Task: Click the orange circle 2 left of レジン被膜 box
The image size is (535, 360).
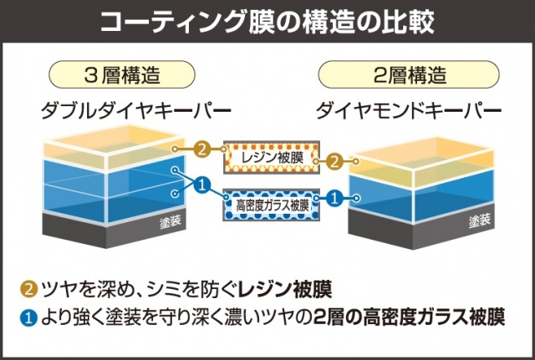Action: point(201,151)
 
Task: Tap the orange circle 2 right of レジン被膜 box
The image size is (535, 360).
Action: point(334,159)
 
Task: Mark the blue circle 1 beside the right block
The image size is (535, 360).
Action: point(333,199)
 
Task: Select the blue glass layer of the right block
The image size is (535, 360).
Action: point(418,200)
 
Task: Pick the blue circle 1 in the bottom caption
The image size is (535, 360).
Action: point(28,317)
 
